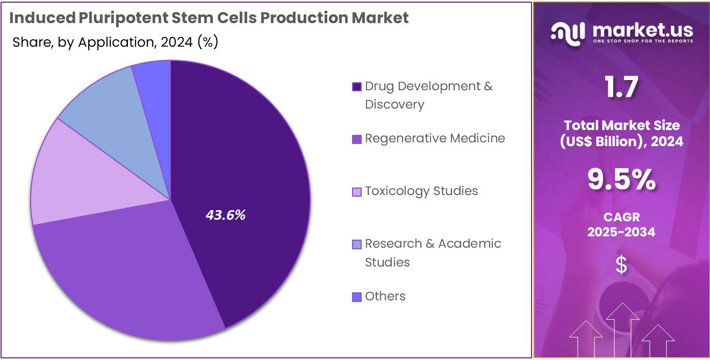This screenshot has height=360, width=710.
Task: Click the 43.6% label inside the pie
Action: coord(226,215)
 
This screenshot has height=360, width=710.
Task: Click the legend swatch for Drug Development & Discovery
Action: coord(356,87)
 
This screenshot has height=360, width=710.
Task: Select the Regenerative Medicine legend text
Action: coord(435,138)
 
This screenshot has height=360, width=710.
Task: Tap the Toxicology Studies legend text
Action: coord(421,191)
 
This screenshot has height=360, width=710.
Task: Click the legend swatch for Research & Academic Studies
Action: coord(356,244)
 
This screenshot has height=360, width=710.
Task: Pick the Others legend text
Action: coord(385,296)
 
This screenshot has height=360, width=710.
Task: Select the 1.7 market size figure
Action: coord(621,87)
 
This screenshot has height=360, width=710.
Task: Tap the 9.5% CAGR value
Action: coord(621,180)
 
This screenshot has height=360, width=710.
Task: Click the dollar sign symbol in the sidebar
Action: coord(621,265)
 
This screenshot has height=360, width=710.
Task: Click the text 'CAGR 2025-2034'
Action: coord(621,225)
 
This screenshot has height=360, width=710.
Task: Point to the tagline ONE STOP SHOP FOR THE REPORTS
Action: coord(643,41)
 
